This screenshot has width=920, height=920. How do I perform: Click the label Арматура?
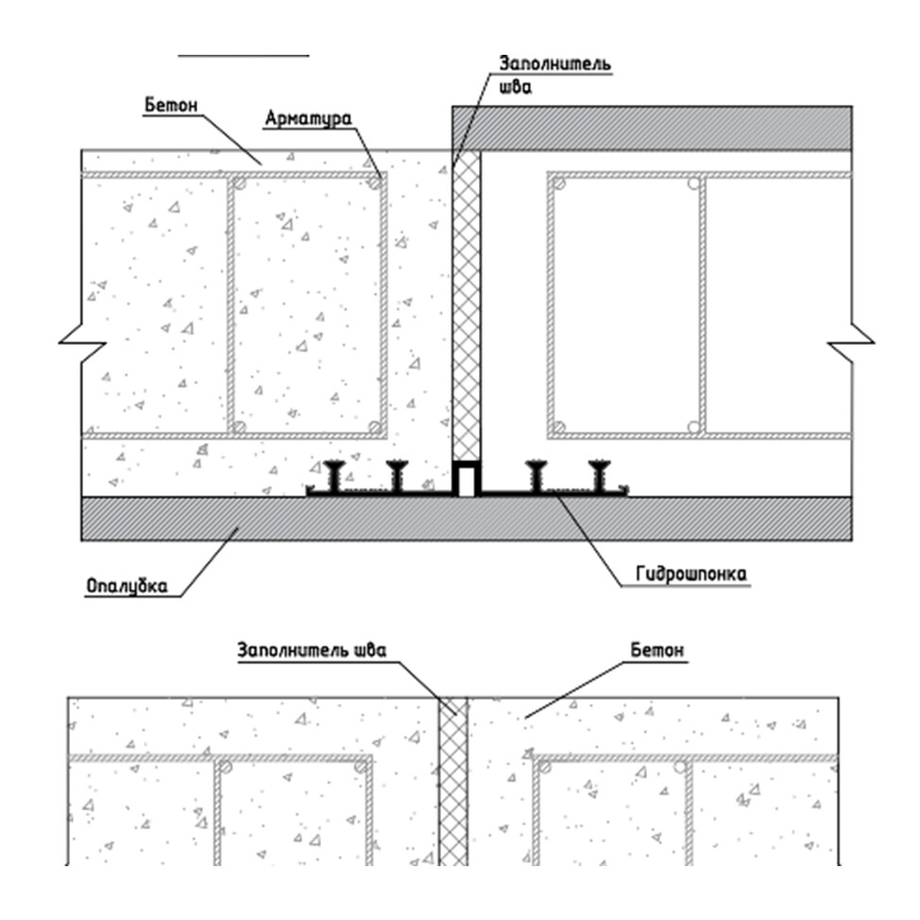tap(308, 119)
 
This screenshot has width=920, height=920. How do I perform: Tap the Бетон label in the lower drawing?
tap(657, 651)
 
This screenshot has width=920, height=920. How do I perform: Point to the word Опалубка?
tap(127, 586)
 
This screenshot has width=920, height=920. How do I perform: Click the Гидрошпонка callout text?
tap(687, 573)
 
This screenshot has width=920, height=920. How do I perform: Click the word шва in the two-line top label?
tap(517, 91)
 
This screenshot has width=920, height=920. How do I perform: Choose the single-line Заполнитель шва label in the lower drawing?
tap(312, 651)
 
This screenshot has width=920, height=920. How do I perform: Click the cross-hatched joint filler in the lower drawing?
tap(453, 784)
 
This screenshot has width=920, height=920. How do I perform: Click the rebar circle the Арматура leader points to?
tap(376, 182)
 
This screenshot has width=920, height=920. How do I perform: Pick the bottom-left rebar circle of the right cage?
tap(561, 427)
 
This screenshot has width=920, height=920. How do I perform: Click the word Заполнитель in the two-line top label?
tap(554, 65)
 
